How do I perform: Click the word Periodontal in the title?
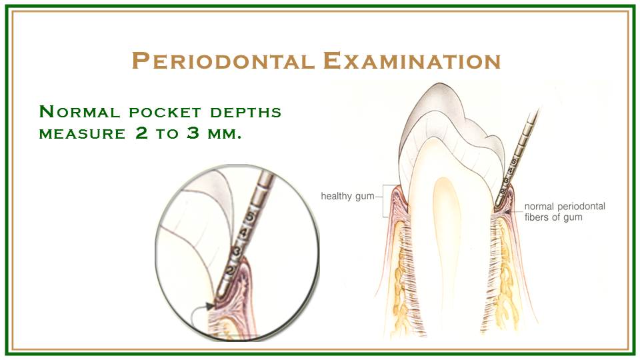point(223,61)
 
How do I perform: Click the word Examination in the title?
point(412,61)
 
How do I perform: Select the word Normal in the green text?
point(79,111)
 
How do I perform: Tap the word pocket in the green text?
point(165,112)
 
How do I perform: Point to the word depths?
point(246,112)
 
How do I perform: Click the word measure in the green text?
point(82,134)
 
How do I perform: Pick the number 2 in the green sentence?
point(141,133)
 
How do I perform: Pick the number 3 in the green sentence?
point(193,133)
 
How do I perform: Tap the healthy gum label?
point(347,196)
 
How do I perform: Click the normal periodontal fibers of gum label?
point(565,211)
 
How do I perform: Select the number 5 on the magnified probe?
point(251,216)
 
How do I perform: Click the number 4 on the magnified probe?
point(244,233)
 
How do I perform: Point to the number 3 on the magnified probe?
point(236,251)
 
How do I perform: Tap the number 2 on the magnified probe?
point(230,269)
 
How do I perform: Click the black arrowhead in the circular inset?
point(210,306)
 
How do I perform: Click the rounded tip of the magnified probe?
point(221,293)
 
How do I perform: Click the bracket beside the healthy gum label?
point(385,200)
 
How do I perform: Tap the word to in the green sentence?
point(167,134)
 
